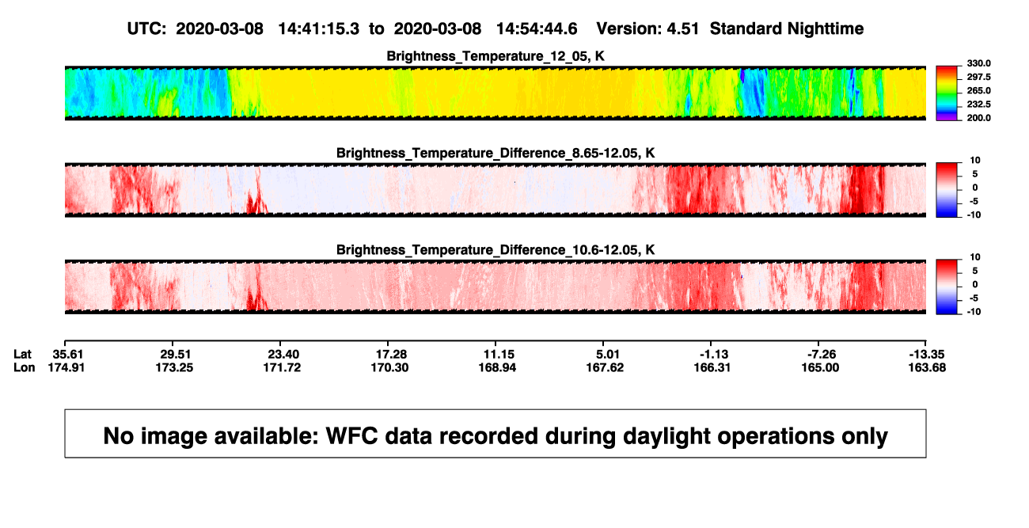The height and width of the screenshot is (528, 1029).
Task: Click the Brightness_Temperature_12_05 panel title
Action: [496, 56]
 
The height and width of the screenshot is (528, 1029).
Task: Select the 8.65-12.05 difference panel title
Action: [496, 153]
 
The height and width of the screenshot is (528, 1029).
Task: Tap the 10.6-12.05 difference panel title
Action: [496, 250]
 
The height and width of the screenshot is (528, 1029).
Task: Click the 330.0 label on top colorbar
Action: [978, 63]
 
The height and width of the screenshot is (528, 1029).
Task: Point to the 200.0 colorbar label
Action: [978, 118]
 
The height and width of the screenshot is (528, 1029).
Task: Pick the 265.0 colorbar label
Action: [978, 90]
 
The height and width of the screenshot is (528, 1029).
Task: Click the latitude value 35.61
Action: [68, 355]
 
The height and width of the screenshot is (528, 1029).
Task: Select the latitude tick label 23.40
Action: [283, 355]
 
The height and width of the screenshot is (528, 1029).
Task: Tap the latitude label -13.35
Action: [927, 355]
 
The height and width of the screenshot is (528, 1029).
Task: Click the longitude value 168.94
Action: [497, 367]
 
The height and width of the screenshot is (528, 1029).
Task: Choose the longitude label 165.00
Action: [820, 367]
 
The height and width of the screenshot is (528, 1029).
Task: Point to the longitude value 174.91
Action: [66, 367]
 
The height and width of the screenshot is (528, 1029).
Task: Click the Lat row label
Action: [22, 355]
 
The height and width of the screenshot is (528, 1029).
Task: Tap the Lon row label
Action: [25, 367]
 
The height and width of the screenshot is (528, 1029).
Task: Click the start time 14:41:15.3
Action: [319, 28]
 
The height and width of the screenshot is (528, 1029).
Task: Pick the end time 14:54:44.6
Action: [537, 28]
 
